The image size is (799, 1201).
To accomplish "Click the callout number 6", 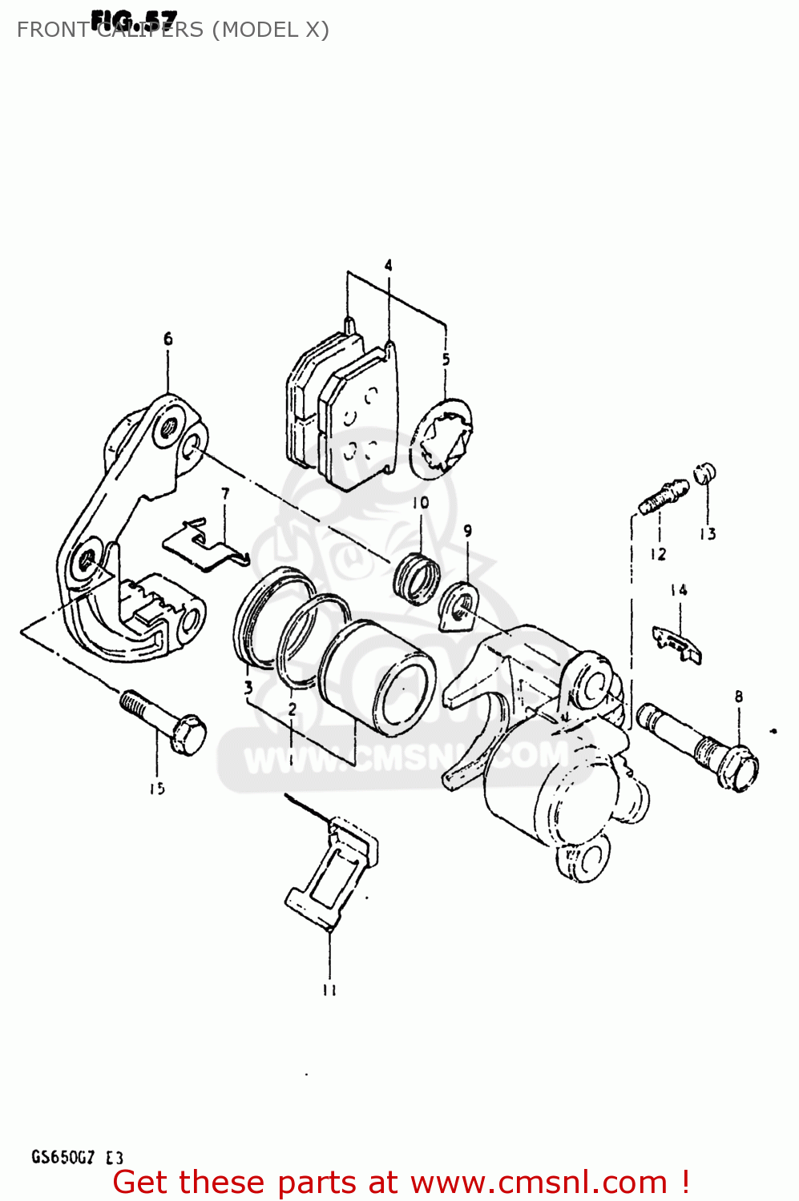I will pyautogui.click(x=167, y=339).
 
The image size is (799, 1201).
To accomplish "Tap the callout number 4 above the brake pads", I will pyautogui.click(x=388, y=265).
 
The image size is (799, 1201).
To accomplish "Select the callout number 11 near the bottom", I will pyautogui.click(x=329, y=990).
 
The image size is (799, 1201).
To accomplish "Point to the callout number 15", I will pyautogui.click(x=157, y=789).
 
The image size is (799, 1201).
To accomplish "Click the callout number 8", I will pyautogui.click(x=739, y=697).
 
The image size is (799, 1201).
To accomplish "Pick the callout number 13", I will pyautogui.click(x=708, y=534).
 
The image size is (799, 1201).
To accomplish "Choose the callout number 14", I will pyautogui.click(x=679, y=590).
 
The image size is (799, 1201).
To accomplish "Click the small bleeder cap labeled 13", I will pyautogui.click(x=704, y=473).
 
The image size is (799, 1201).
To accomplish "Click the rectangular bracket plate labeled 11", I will pyautogui.click(x=332, y=874).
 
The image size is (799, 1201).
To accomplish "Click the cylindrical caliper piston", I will pyautogui.click(x=378, y=677).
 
